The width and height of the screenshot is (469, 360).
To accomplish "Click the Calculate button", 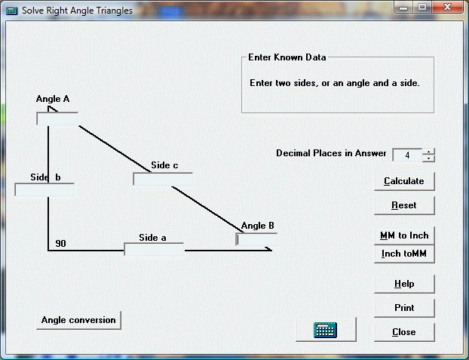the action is pos(404,181).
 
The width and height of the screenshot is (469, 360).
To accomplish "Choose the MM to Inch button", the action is pos(404,235).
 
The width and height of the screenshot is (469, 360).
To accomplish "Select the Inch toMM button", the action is pos(404,254).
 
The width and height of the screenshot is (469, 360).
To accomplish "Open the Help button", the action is pos(404,284).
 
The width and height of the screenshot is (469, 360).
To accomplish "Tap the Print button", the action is pos(404,308).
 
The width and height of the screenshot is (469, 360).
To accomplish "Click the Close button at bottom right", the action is pos(404,332).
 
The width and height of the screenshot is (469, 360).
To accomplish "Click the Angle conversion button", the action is pos(78,320).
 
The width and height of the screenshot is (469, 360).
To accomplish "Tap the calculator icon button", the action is pos(326,330).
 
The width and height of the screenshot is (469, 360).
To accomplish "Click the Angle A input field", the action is pos(57,119).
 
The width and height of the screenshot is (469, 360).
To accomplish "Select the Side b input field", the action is pos(44,190).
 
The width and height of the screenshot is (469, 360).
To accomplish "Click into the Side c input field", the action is pos(163,179).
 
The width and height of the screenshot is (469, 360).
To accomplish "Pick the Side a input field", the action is pos(154,249).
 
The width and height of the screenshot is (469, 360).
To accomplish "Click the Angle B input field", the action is pos(256,239).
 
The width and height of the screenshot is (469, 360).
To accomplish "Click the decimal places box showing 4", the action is pos(407,155).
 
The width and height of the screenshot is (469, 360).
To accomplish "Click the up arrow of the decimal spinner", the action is pos(428,152).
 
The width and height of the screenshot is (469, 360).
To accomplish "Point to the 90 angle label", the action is pos(60,244).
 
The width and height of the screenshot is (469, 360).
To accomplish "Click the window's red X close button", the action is pos(447,7).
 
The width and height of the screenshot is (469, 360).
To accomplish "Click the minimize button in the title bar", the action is pos(403,8).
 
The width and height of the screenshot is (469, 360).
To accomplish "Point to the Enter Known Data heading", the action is pos(287,57).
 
